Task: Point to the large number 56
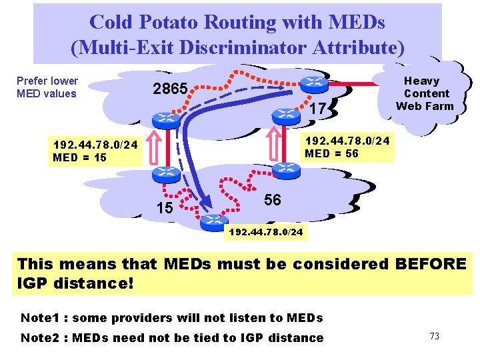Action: click(273, 200)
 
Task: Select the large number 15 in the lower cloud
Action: click(164, 208)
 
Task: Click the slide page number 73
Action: click(434, 336)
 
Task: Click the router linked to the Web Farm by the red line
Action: click(313, 83)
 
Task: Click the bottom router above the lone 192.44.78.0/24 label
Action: click(215, 218)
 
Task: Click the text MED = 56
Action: click(331, 153)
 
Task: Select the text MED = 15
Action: click(79, 158)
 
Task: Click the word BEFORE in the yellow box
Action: click(431, 264)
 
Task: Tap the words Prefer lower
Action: click(47, 81)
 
